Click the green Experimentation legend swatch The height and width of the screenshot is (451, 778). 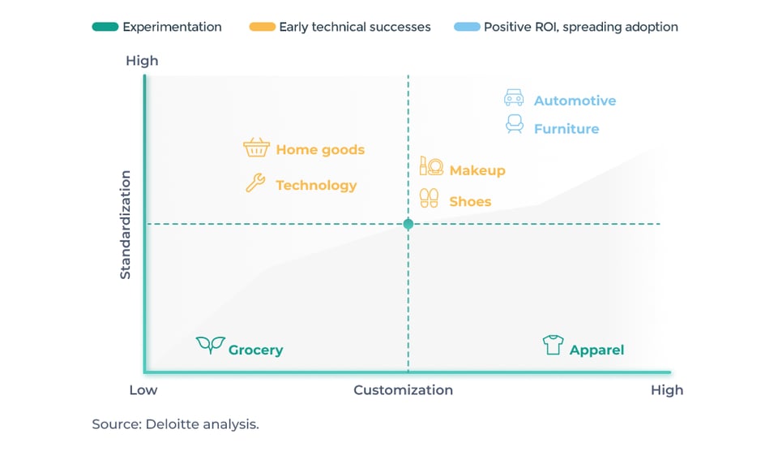[105, 27]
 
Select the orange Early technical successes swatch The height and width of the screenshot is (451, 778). [263, 27]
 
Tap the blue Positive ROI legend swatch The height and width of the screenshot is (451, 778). [468, 27]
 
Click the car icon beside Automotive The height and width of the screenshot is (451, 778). [514, 98]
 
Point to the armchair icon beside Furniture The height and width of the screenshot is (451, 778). [515, 124]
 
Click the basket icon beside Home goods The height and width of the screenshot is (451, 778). [257, 148]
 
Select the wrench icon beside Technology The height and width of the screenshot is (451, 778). [255, 183]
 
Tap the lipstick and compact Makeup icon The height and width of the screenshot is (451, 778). [431, 166]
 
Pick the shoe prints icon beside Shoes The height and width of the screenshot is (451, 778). [430, 198]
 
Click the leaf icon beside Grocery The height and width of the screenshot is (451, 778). [211, 344]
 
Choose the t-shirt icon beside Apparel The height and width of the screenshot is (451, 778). [553, 345]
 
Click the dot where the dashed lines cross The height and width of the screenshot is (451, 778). [408, 224]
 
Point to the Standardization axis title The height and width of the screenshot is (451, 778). [125, 225]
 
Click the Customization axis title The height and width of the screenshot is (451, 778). [404, 390]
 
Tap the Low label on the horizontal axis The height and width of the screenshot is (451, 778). [143, 390]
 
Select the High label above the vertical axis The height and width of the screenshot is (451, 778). [142, 61]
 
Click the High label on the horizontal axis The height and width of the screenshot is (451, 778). [667, 390]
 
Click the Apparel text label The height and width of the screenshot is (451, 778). [597, 350]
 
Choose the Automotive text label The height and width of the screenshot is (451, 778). [575, 101]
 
